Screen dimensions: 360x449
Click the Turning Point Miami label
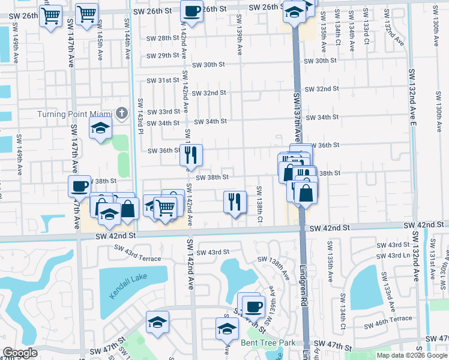pos(75,114)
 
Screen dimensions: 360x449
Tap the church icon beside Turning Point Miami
pos(122,113)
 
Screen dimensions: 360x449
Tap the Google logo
pos(20,353)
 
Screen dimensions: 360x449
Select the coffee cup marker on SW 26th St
pos(191,11)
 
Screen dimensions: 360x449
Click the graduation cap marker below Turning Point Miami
pos(101,128)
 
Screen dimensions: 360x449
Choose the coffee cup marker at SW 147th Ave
pos(80,187)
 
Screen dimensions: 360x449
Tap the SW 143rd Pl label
pos(140,115)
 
